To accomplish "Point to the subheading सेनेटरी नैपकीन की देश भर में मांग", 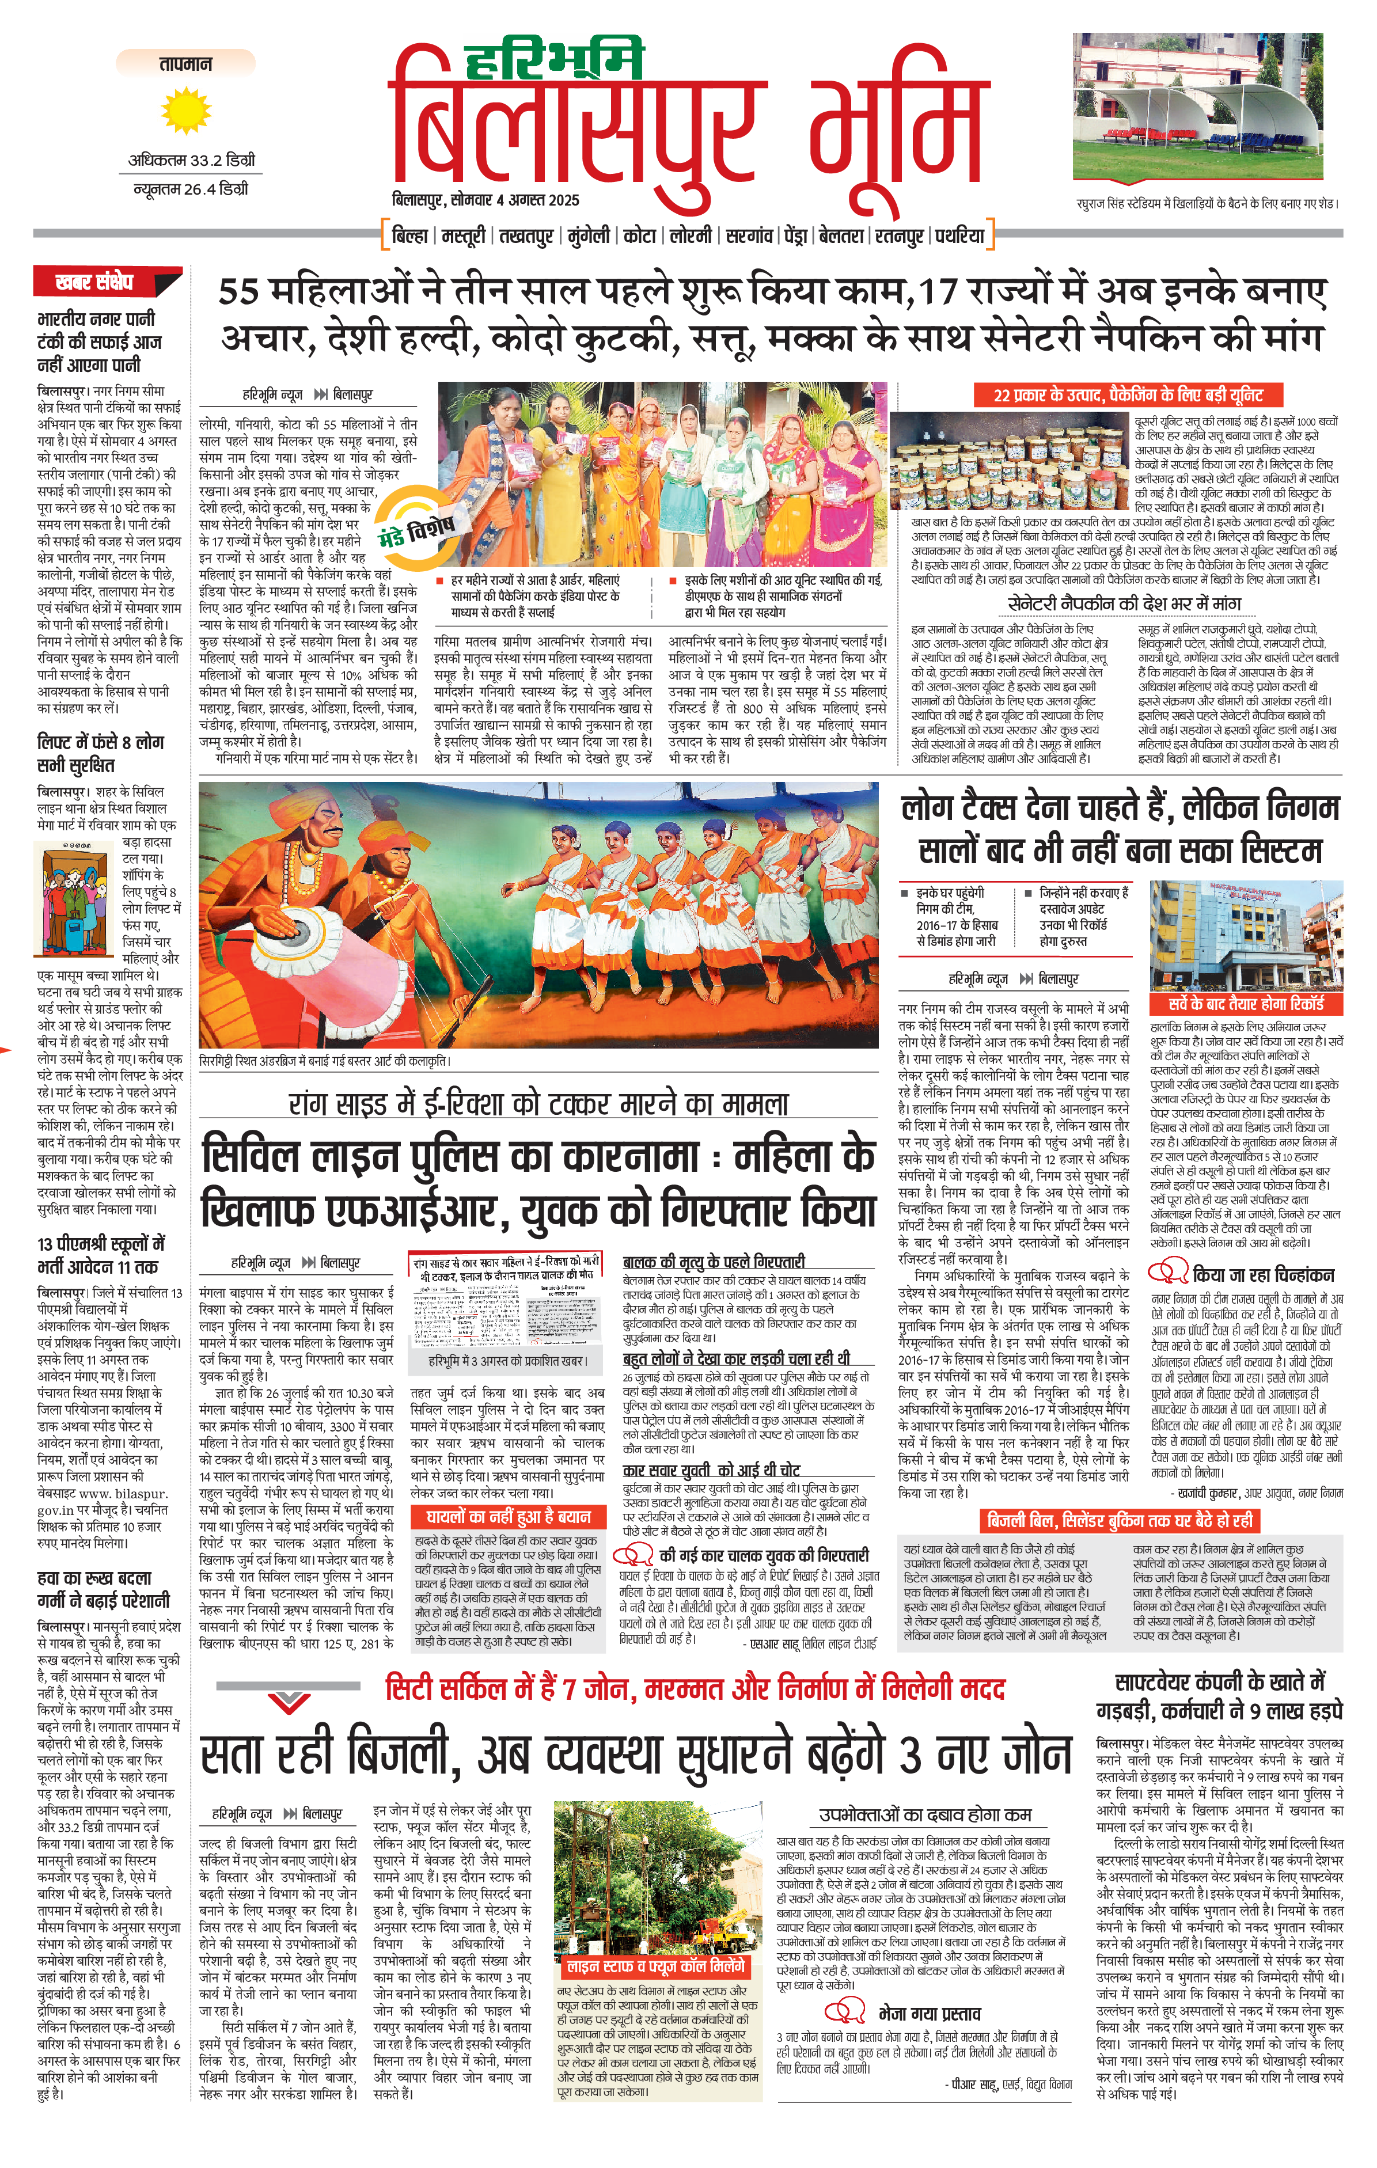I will (1124, 604).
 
